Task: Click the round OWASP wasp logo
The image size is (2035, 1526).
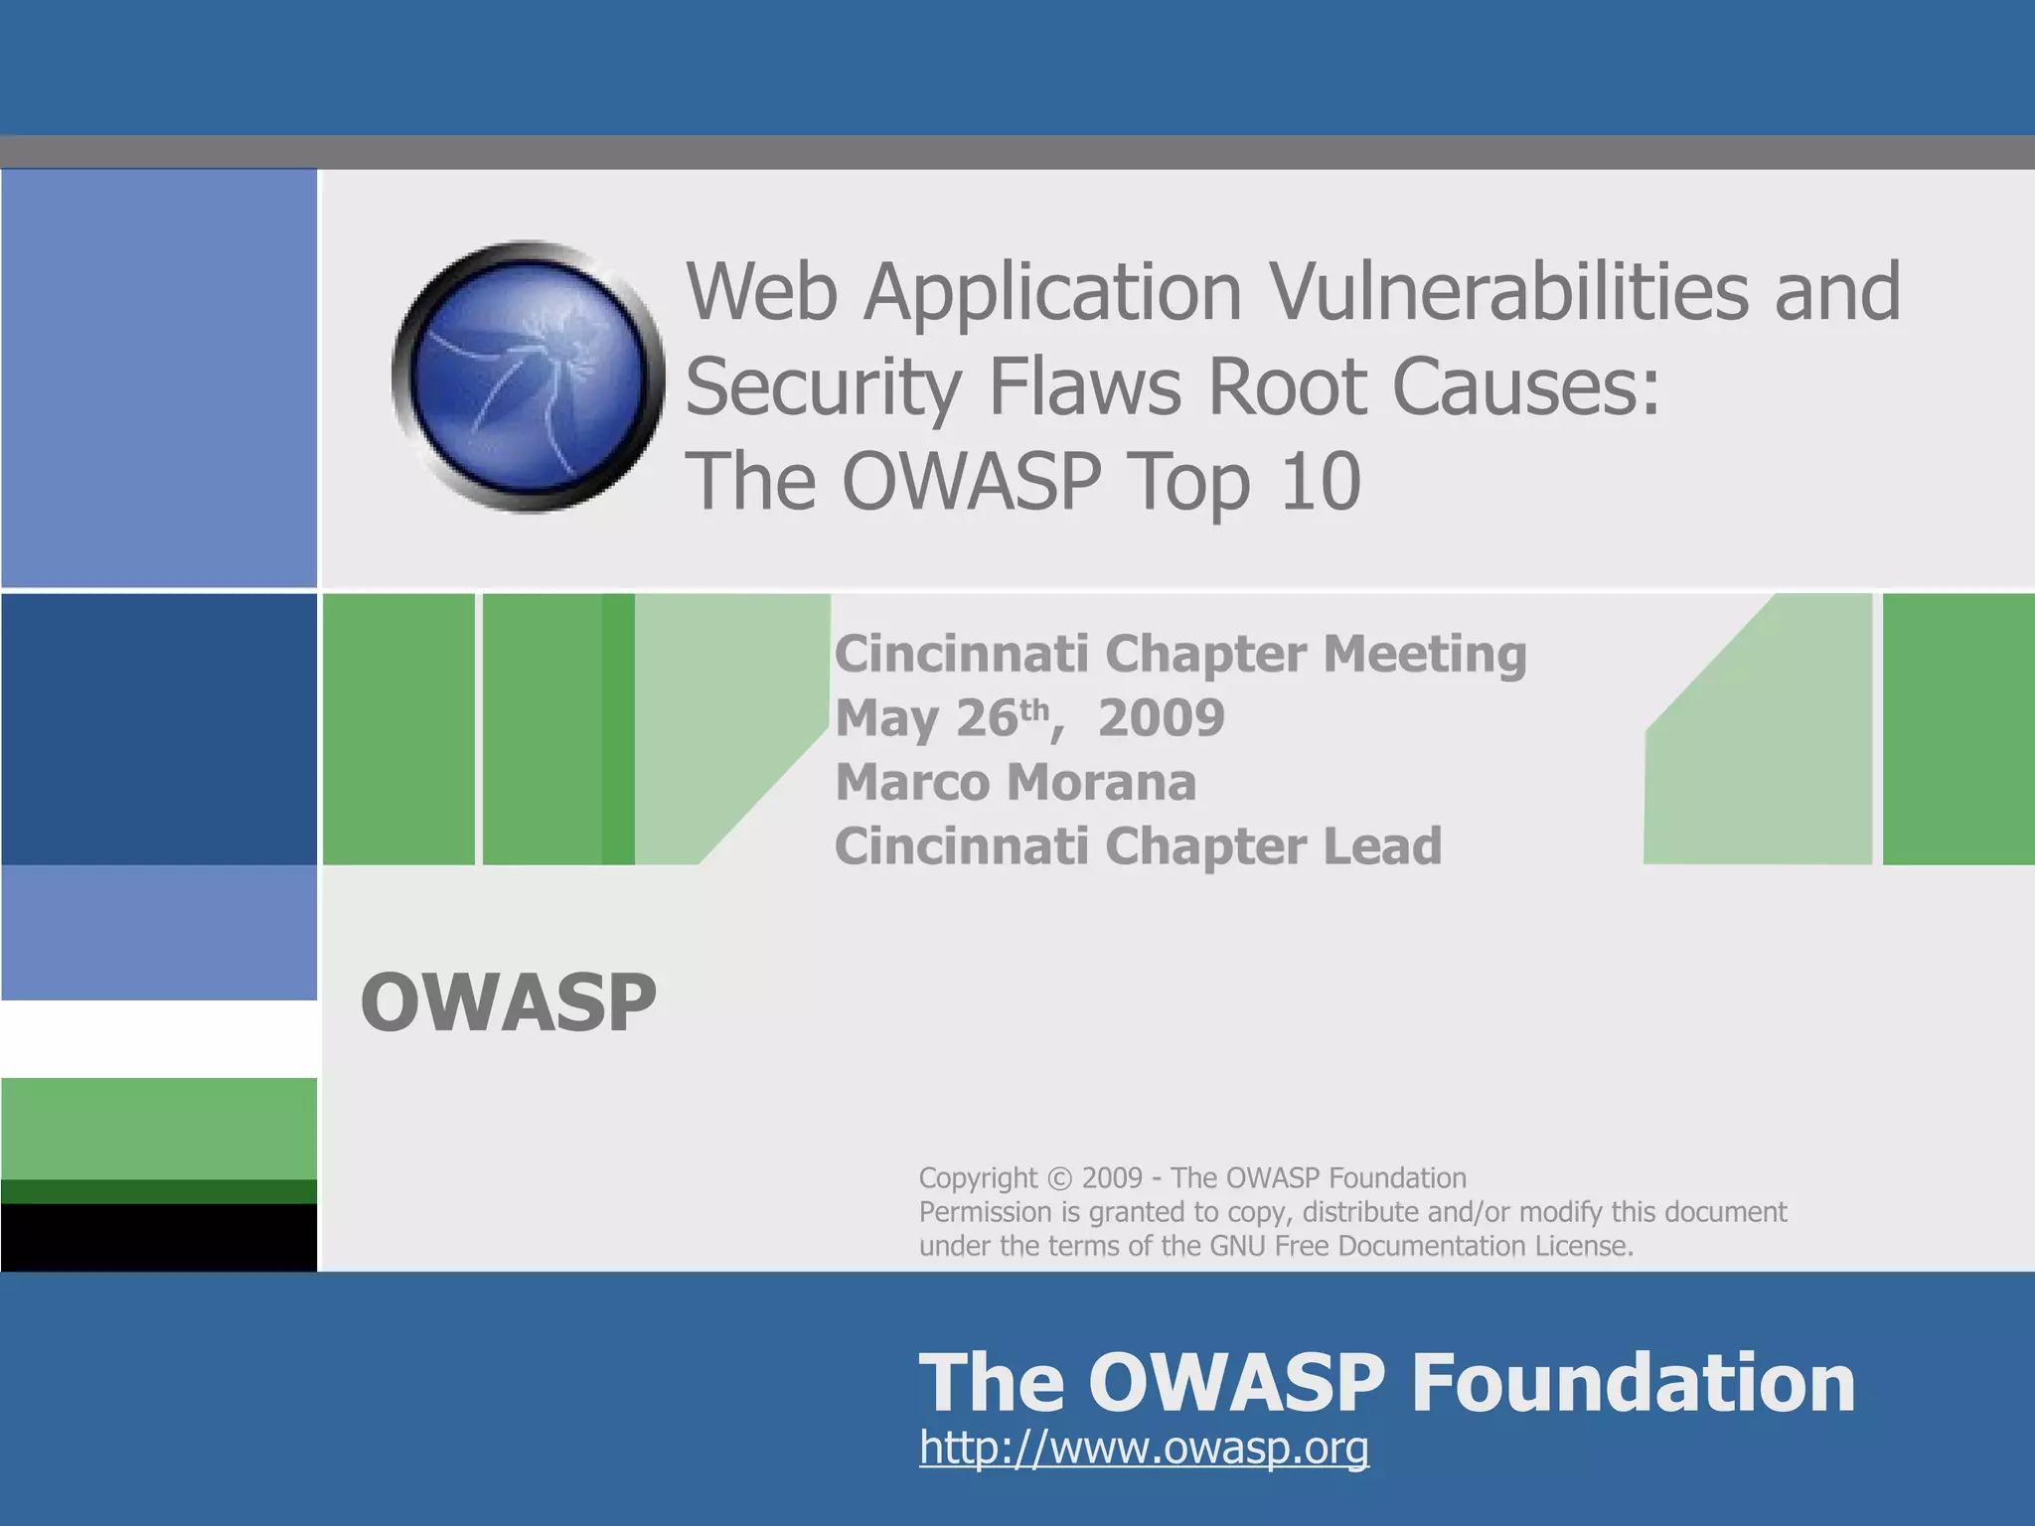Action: click(x=528, y=378)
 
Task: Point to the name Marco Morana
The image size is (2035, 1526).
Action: click(x=1016, y=782)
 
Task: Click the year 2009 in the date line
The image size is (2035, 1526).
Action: click(x=1161, y=717)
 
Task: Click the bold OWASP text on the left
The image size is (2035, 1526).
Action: click(x=508, y=1003)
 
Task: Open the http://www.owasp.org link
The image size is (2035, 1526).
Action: click(x=1144, y=1448)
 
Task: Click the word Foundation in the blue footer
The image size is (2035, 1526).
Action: click(x=1633, y=1382)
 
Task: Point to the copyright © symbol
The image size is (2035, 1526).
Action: click(x=1060, y=1178)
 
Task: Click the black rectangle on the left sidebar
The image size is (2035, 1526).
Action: click(x=159, y=1237)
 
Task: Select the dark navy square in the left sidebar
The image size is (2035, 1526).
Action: click(x=159, y=728)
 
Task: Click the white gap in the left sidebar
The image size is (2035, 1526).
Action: click(x=159, y=1038)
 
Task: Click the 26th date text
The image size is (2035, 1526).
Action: click(x=1002, y=717)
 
